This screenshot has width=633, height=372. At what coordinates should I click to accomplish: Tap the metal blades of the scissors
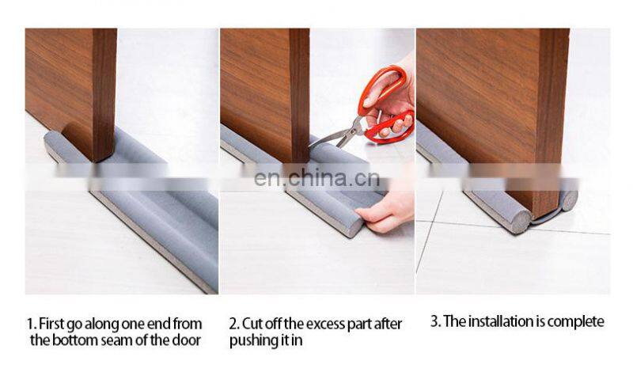[334, 135]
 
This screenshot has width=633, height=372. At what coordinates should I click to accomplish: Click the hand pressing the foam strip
[385, 213]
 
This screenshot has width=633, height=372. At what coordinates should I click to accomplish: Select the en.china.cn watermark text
[317, 178]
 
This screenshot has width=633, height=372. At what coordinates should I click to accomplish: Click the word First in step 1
[51, 324]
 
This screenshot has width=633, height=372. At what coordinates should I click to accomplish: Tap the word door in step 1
[186, 340]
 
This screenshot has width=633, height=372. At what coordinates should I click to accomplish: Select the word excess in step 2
[320, 324]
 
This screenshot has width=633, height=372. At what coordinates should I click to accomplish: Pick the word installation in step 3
[501, 321]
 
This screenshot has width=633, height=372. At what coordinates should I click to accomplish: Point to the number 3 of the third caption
[434, 321]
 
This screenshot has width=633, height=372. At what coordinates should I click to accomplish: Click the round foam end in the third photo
[521, 222]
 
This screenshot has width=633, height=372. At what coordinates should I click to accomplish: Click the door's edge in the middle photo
[299, 95]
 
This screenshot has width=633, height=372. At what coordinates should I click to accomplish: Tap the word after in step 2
[388, 324]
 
